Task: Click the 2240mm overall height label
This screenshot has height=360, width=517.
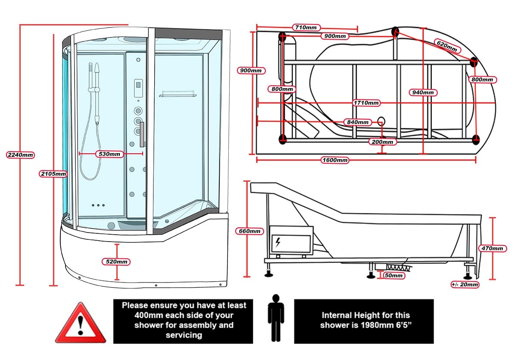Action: coord(20,155)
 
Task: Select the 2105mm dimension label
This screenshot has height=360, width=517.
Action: coord(53,174)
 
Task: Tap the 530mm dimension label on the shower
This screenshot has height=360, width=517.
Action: coord(109,154)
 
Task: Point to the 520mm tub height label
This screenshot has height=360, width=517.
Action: coord(116,261)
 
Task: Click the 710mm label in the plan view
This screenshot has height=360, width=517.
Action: coord(306,28)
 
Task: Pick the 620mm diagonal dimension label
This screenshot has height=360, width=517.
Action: coord(447,46)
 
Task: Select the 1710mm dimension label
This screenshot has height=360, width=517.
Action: coord(366,102)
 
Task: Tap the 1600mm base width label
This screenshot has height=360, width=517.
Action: coord(335,160)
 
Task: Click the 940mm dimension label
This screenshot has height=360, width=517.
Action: coord(423,93)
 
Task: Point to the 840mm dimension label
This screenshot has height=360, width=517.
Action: coord(358,122)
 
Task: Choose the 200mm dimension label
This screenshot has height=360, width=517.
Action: coord(383,142)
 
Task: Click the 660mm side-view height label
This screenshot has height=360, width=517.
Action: coord(249,231)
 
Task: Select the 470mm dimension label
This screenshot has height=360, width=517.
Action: coord(492,248)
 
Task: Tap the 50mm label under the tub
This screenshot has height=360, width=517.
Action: coord(394,275)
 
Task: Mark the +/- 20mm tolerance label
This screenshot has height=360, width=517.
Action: coord(465,284)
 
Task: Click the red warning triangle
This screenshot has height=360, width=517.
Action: coord(81,323)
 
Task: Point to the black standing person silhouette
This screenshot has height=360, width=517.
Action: coord(276,318)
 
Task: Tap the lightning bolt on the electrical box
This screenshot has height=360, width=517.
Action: coord(278,242)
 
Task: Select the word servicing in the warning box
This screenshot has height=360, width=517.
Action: coord(184,335)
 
